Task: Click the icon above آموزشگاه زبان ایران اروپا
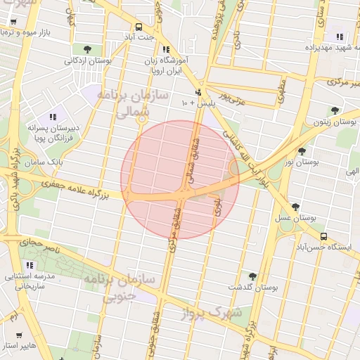pos(166,50)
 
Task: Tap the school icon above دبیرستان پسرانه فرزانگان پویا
pos(51,117)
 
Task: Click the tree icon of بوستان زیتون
pos(335,110)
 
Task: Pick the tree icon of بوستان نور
pos(302,150)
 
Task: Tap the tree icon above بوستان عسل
pos(295,207)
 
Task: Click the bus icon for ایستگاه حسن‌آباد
pos(323,236)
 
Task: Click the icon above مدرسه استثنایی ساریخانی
pos(30,265)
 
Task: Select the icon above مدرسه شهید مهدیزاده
pos(340,37)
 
